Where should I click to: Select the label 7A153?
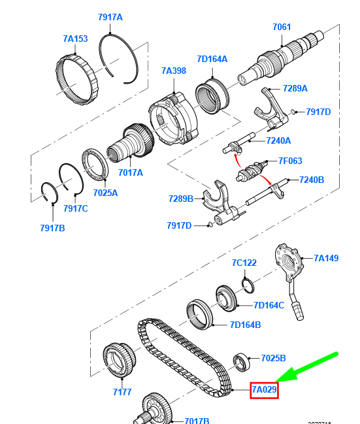tap(76, 39)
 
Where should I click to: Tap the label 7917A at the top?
tap(110, 17)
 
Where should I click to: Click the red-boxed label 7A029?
tap(265, 390)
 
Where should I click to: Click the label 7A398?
tap(174, 71)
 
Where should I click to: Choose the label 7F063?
tap(291, 160)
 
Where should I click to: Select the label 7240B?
tap(311, 180)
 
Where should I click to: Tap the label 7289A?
tap(295, 88)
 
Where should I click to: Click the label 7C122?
tap(244, 263)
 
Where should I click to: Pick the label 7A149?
tap(326, 258)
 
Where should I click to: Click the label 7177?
tap(122, 392)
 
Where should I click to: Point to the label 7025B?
tap(273, 358)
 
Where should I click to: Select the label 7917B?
tap(52, 228)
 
